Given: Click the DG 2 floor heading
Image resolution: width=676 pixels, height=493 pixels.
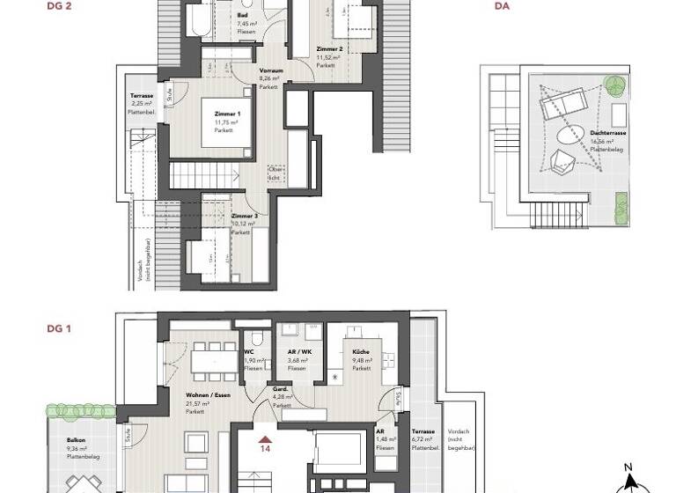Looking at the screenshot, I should click(59, 5).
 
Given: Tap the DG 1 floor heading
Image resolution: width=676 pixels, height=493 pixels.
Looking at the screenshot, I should click(59, 328).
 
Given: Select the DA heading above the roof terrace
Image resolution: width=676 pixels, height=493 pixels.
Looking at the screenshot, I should click(503, 5).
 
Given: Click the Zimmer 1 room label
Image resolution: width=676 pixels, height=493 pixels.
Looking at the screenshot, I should click(227, 114).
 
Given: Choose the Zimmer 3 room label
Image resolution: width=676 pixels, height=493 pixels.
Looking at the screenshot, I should click(244, 216).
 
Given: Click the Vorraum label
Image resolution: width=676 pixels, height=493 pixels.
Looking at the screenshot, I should click(270, 70).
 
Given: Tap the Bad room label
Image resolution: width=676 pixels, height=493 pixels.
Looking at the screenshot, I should click(242, 16).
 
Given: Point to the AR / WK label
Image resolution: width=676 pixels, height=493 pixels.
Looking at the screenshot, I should click(298, 352).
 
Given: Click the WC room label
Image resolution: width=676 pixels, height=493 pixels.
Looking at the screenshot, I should click(249, 352).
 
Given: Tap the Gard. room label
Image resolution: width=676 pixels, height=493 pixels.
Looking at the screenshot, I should click(281, 389).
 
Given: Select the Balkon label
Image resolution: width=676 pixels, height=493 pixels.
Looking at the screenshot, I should click(76, 440).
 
